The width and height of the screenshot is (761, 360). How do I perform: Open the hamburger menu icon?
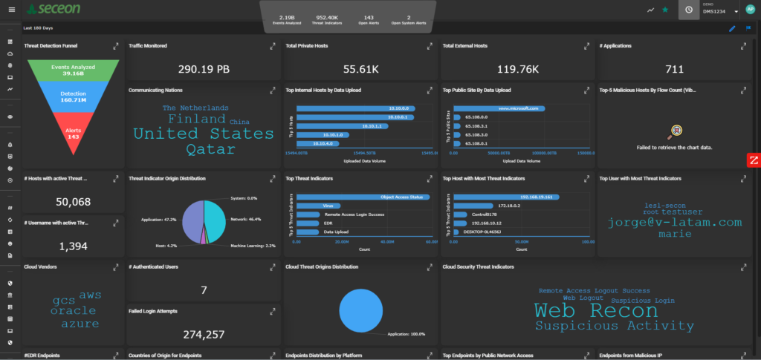click(10, 10)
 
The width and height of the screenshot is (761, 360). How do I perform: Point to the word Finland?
click(196, 119)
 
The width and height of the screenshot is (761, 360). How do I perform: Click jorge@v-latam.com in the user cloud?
click(674, 222)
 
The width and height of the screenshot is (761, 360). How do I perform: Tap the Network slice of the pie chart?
click(217, 221)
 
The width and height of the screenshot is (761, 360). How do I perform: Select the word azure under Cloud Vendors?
click(80, 324)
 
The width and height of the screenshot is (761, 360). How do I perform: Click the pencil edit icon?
click(732, 28)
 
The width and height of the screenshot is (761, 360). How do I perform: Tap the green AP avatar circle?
click(750, 10)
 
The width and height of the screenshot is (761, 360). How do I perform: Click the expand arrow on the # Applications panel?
click(744, 46)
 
